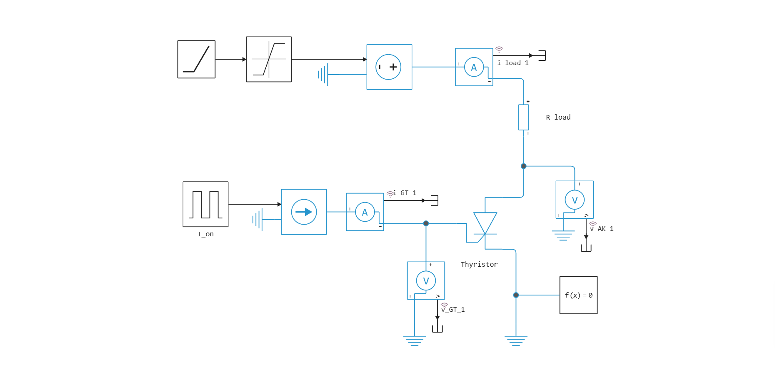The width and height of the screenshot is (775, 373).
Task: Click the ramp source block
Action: (x=196, y=59)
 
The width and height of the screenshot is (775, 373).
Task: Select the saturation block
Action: (x=269, y=59)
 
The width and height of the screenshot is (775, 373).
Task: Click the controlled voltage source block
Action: (x=389, y=67)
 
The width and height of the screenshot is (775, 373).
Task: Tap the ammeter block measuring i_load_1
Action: (x=474, y=67)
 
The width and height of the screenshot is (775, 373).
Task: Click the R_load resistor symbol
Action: (x=523, y=118)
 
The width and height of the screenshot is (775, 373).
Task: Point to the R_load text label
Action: (x=558, y=118)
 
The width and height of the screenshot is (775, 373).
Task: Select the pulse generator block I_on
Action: (x=205, y=204)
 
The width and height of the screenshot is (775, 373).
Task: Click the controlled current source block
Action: (x=304, y=212)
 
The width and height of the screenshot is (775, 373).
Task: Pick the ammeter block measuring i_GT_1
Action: (x=365, y=212)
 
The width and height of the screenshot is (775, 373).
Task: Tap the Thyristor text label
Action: (x=479, y=265)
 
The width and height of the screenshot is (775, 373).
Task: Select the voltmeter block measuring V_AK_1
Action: (x=575, y=200)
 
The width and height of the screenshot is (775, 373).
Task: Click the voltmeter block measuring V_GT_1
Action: (x=426, y=280)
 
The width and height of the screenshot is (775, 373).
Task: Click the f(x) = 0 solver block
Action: (x=578, y=295)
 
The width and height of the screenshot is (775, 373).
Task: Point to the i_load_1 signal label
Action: (x=513, y=63)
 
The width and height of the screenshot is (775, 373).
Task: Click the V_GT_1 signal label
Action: (x=453, y=310)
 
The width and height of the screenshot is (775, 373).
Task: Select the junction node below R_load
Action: (x=523, y=166)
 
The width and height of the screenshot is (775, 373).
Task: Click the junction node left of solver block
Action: (x=516, y=295)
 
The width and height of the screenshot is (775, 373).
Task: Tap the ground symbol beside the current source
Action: (x=258, y=219)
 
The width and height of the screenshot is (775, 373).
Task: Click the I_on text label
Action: (x=205, y=234)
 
